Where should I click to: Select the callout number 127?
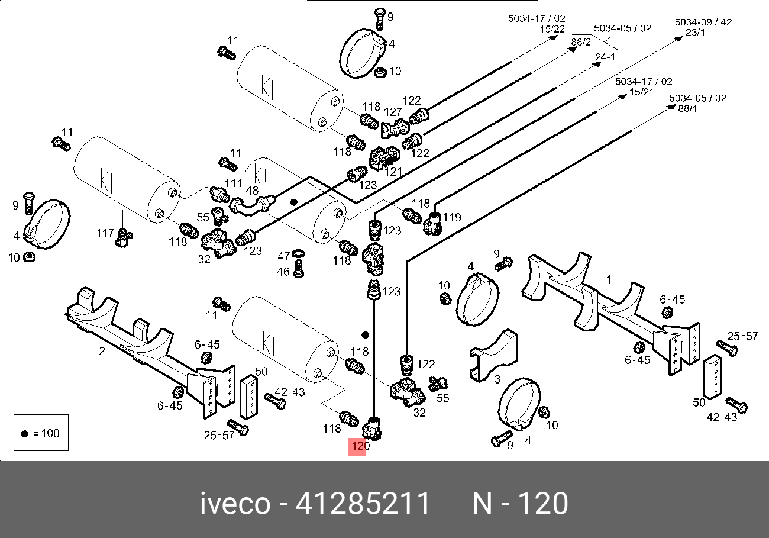click(393, 112)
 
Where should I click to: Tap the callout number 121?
click(393, 172)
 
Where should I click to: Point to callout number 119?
click(451, 217)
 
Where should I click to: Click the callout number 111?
click(234, 183)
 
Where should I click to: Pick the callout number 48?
click(252, 191)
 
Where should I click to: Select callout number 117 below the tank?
click(105, 234)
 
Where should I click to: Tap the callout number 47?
click(284, 256)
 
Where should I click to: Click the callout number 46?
click(284, 272)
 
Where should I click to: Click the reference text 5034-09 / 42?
click(703, 22)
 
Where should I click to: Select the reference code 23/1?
click(695, 33)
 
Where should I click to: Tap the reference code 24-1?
click(605, 57)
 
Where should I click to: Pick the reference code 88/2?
click(581, 42)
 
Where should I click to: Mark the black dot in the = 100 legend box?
click(24, 433)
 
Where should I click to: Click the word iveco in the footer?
click(235, 504)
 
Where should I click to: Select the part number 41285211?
click(363, 504)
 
